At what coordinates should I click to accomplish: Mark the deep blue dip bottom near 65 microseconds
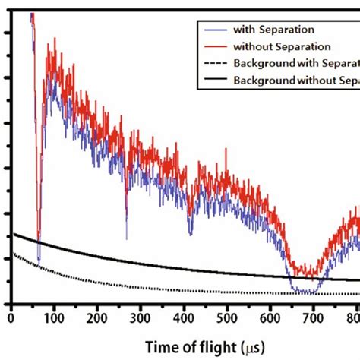pyautogui.click(x=39, y=262)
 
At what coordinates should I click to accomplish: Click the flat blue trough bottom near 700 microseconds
pyautogui.click(x=305, y=291)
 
